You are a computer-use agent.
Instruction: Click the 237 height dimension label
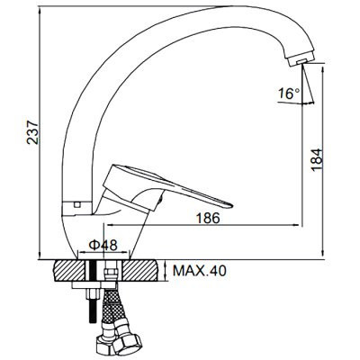click(32, 132)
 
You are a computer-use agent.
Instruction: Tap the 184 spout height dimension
click(317, 159)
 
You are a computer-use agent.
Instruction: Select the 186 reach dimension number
click(208, 218)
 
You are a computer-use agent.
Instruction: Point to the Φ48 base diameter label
click(103, 246)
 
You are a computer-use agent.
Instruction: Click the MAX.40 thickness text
click(199, 271)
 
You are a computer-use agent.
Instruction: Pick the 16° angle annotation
click(289, 94)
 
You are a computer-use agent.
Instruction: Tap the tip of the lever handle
click(231, 205)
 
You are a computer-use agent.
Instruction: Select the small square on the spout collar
click(77, 204)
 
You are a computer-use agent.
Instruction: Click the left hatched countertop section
click(70, 271)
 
